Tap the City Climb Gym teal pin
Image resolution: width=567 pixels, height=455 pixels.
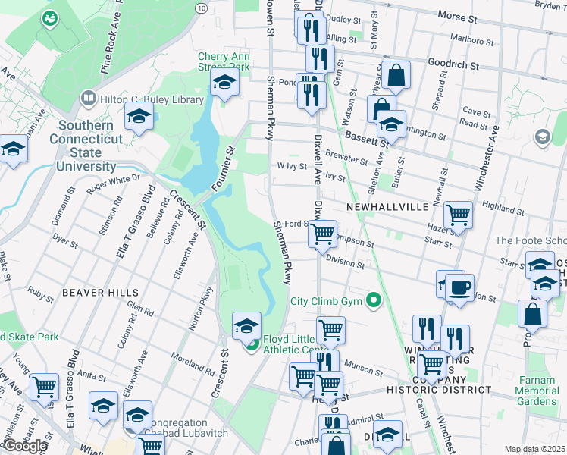(372, 301)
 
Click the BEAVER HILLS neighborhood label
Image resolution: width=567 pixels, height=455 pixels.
(100, 292)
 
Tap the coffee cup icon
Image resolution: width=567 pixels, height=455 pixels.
(459, 288)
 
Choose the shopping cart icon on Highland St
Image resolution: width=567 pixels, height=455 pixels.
(459, 215)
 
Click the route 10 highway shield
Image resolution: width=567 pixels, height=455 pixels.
(200, 8)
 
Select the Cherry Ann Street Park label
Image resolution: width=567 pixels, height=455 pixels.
(224, 61)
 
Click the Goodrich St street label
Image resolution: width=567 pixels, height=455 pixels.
(453, 66)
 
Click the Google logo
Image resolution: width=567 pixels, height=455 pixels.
(25, 445)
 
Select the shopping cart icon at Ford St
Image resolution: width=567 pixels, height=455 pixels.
(323, 234)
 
